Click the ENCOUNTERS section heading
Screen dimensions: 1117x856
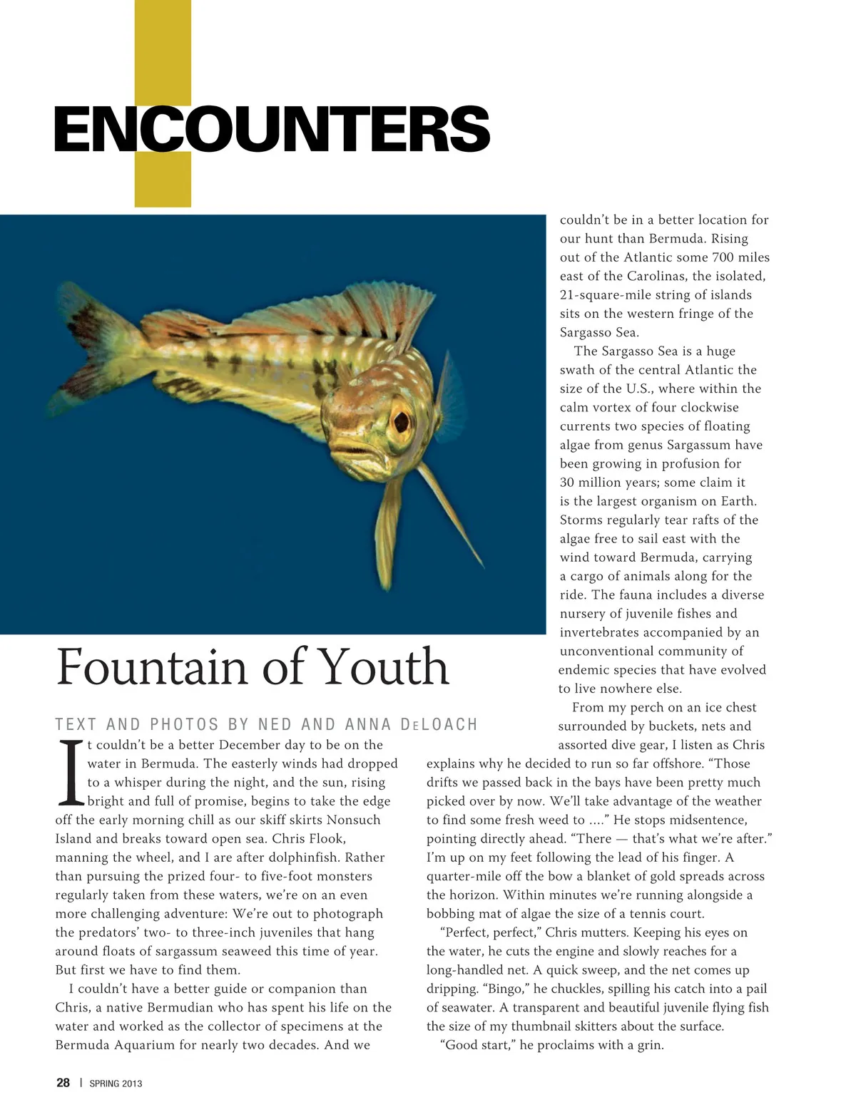pyautogui.click(x=272, y=128)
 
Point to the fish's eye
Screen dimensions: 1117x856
pyautogui.click(x=401, y=419)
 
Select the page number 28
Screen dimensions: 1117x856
pyautogui.click(x=63, y=1083)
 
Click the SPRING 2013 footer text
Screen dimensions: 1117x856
pyautogui.click(x=116, y=1083)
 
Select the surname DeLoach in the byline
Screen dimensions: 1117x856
pyautogui.click(x=439, y=725)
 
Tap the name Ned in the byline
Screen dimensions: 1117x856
pyautogui.click(x=275, y=725)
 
